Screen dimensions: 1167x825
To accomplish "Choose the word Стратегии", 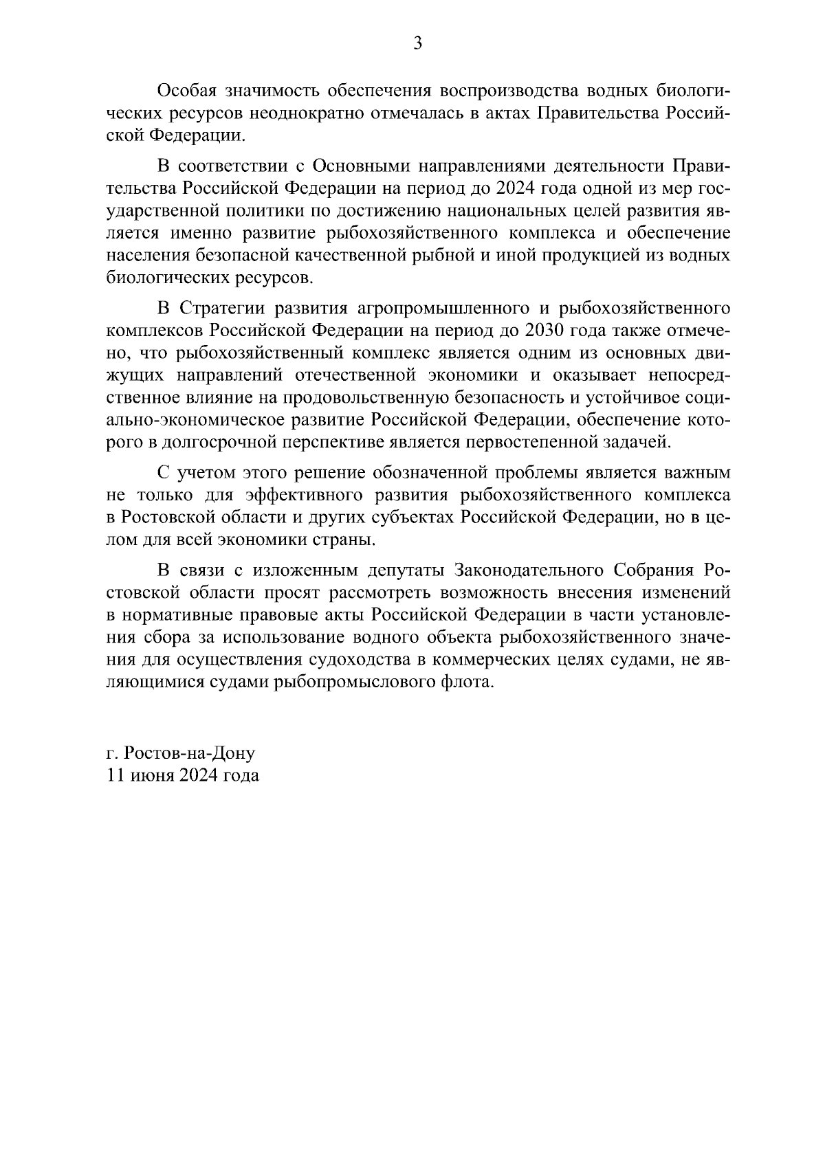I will pyautogui.click(x=223, y=309).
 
